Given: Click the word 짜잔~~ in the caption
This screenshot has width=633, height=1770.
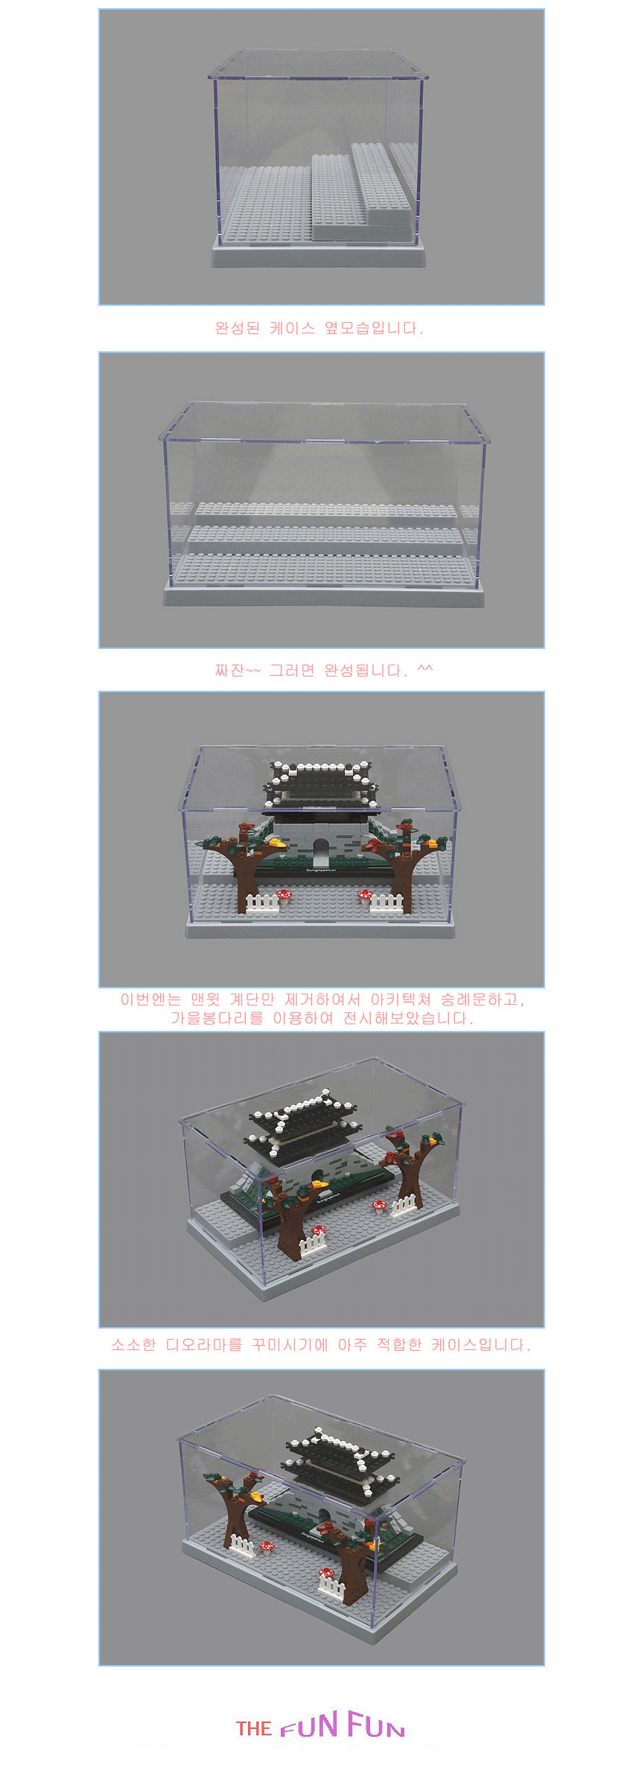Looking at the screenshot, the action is coord(238,671).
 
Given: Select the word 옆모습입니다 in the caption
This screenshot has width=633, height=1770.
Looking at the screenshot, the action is coord(374,328).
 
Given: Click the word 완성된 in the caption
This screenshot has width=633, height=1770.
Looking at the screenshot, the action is coord(238,328).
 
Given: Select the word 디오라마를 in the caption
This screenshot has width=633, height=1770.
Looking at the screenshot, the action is coord(204,1345).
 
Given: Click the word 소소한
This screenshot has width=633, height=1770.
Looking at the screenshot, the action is coord(134,1345).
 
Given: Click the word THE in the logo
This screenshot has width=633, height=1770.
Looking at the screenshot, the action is coord(254,1728).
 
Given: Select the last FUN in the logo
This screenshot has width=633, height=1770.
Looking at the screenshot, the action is coord(376,1725).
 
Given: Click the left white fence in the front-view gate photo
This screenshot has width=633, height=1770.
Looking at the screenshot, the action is coord(261,903).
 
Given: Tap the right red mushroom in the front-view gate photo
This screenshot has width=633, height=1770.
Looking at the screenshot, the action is coord(364,894).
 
